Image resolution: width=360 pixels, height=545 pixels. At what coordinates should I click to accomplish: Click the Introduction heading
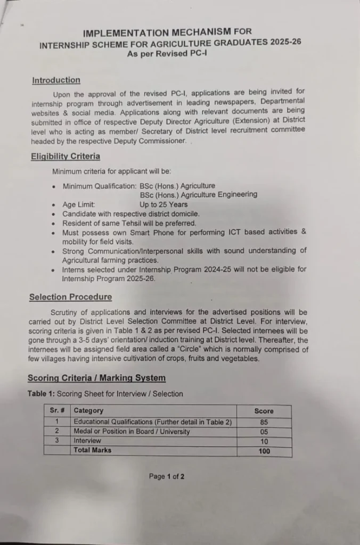pyautogui.click(x=56, y=80)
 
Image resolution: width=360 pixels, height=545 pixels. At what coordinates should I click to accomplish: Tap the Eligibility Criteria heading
pyautogui.click(x=65, y=156)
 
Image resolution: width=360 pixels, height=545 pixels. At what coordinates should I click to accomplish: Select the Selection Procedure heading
pyautogui.click(x=70, y=297)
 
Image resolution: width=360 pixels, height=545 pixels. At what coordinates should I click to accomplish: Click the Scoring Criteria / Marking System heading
pyautogui.click(x=96, y=378)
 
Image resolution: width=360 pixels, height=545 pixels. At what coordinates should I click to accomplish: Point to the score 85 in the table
pyautogui.click(x=264, y=422)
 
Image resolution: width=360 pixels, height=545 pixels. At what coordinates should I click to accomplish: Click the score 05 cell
pyautogui.click(x=264, y=432)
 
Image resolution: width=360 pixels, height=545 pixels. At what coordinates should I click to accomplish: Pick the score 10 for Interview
pyautogui.click(x=264, y=441)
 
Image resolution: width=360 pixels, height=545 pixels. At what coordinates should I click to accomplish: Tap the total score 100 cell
pyautogui.click(x=264, y=451)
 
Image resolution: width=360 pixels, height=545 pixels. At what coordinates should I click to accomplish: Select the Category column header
pyautogui.click(x=88, y=410)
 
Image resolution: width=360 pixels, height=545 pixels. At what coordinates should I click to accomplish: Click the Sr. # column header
pyautogui.click(x=57, y=410)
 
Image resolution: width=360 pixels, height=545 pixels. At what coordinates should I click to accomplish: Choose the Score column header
pyautogui.click(x=264, y=411)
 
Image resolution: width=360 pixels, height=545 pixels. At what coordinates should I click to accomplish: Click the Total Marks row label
pyautogui.click(x=93, y=450)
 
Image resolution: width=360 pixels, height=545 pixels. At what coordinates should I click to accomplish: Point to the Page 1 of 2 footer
pyautogui.click(x=167, y=476)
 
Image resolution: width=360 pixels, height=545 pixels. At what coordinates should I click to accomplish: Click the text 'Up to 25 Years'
pyautogui.click(x=163, y=204)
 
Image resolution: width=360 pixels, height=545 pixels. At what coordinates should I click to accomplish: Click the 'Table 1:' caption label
pyautogui.click(x=41, y=394)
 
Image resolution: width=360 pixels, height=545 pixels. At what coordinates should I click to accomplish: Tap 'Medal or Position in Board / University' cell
pyautogui.click(x=132, y=432)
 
